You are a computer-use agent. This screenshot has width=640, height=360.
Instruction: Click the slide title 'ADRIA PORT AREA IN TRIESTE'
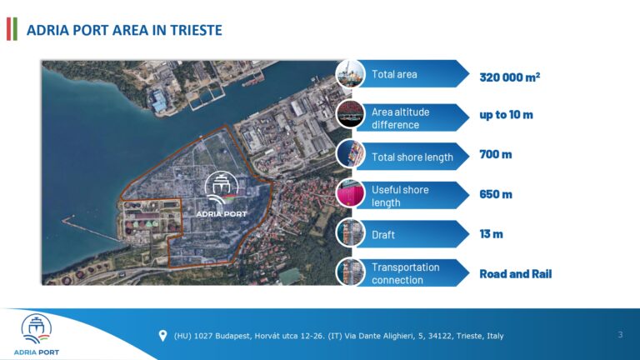(124, 31)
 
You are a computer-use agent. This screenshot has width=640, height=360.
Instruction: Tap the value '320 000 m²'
(509, 77)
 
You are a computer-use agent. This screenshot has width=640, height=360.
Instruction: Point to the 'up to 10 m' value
(506, 114)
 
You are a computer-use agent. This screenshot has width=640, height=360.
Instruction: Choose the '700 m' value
(495, 154)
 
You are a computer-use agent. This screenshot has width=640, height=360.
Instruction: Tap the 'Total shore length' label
(412, 157)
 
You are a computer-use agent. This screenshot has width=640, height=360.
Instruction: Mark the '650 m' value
(495, 194)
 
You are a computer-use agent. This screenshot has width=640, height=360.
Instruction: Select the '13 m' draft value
(491, 234)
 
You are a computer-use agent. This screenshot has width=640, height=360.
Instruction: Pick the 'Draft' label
(383, 235)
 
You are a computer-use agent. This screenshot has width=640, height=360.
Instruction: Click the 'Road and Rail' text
(515, 273)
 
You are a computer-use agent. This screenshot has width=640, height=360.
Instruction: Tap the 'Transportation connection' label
(405, 273)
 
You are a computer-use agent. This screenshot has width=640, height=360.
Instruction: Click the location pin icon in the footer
(162, 336)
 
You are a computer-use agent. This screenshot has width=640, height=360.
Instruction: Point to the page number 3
(620, 335)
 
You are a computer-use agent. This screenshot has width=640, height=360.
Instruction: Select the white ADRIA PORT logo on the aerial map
(220, 196)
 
